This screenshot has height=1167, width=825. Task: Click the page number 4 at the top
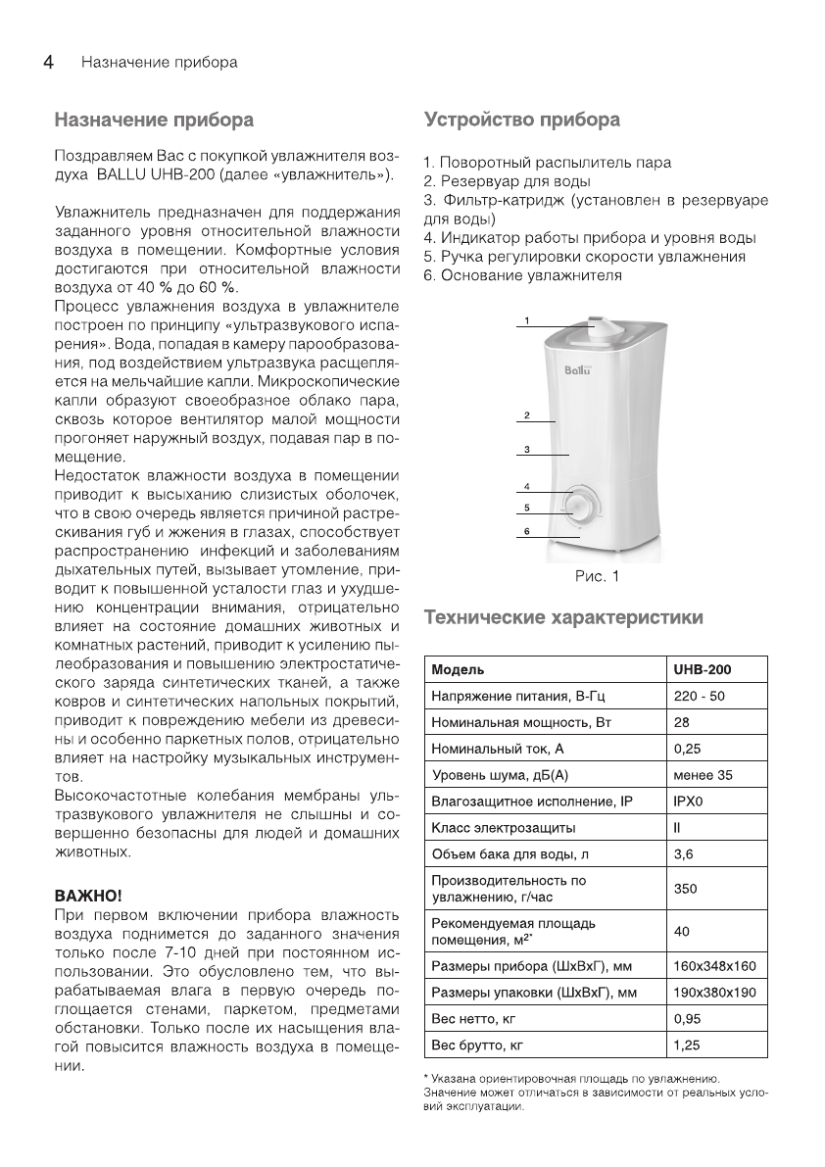[x=46, y=62]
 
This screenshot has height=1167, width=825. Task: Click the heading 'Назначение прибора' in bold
[x=154, y=121]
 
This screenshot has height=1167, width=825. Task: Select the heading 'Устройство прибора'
[x=521, y=121]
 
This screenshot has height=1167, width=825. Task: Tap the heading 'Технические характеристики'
[x=562, y=618]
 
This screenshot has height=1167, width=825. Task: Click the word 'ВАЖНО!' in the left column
[x=88, y=895]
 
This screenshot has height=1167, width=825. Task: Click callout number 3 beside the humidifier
[x=526, y=450]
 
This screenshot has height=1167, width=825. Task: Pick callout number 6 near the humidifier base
[x=526, y=531]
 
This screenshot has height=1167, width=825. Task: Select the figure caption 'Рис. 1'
[x=596, y=576]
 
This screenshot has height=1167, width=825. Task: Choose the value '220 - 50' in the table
[x=700, y=696]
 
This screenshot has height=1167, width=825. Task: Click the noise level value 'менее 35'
[x=703, y=775]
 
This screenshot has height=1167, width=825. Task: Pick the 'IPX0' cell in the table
[x=688, y=802]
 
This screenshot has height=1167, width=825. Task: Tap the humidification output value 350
[x=686, y=888]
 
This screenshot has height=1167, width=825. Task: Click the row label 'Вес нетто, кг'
[x=473, y=1018]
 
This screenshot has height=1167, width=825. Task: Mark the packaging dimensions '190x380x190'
[x=715, y=992]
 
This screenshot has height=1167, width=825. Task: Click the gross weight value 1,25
[x=687, y=1045]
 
